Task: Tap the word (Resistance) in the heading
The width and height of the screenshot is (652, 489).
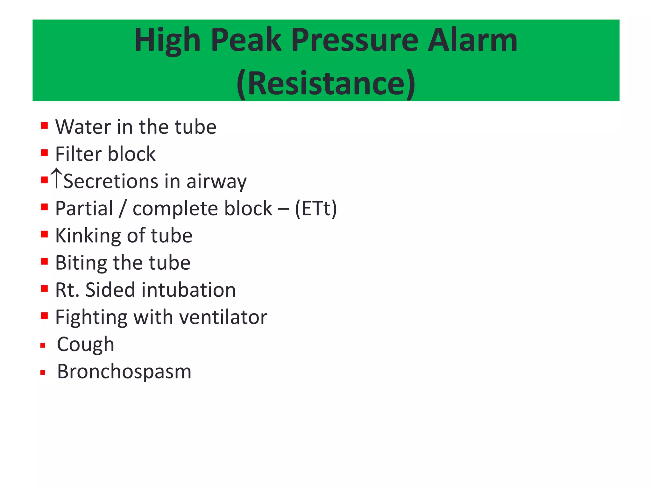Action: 326,83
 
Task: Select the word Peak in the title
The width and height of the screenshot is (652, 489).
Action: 246,40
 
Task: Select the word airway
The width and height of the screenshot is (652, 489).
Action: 216,182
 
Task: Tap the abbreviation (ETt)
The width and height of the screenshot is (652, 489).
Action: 316,209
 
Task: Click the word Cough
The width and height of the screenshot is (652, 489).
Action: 85,345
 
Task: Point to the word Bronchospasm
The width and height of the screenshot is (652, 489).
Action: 124,372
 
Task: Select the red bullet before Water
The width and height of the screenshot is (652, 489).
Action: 44,125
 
